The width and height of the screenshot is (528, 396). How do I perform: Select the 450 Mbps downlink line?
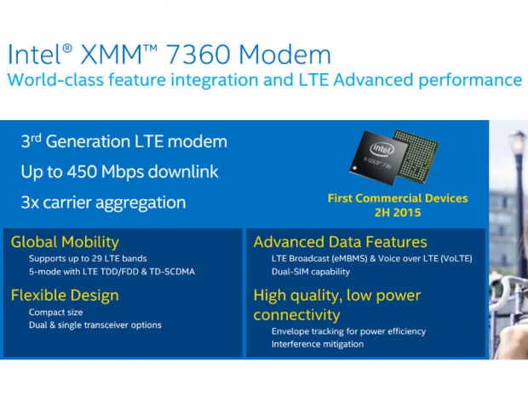tap(119, 171)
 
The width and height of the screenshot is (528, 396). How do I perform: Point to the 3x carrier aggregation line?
tap(103, 202)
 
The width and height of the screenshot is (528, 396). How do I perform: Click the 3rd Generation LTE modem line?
tap(123, 141)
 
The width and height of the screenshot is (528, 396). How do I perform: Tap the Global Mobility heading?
tap(65, 243)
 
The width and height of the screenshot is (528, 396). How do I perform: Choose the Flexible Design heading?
tap(65, 296)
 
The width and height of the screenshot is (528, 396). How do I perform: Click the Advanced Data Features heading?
tap(340, 243)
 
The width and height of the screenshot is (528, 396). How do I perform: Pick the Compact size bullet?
tap(56, 312)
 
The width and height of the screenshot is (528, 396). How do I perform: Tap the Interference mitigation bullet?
tap(318, 344)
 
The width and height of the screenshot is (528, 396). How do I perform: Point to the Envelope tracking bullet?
tap(348, 331)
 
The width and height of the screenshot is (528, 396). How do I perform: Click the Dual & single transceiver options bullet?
tap(95, 324)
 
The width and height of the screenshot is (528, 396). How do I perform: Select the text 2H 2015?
tap(398, 212)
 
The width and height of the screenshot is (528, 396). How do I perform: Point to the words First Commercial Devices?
tap(398, 198)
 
